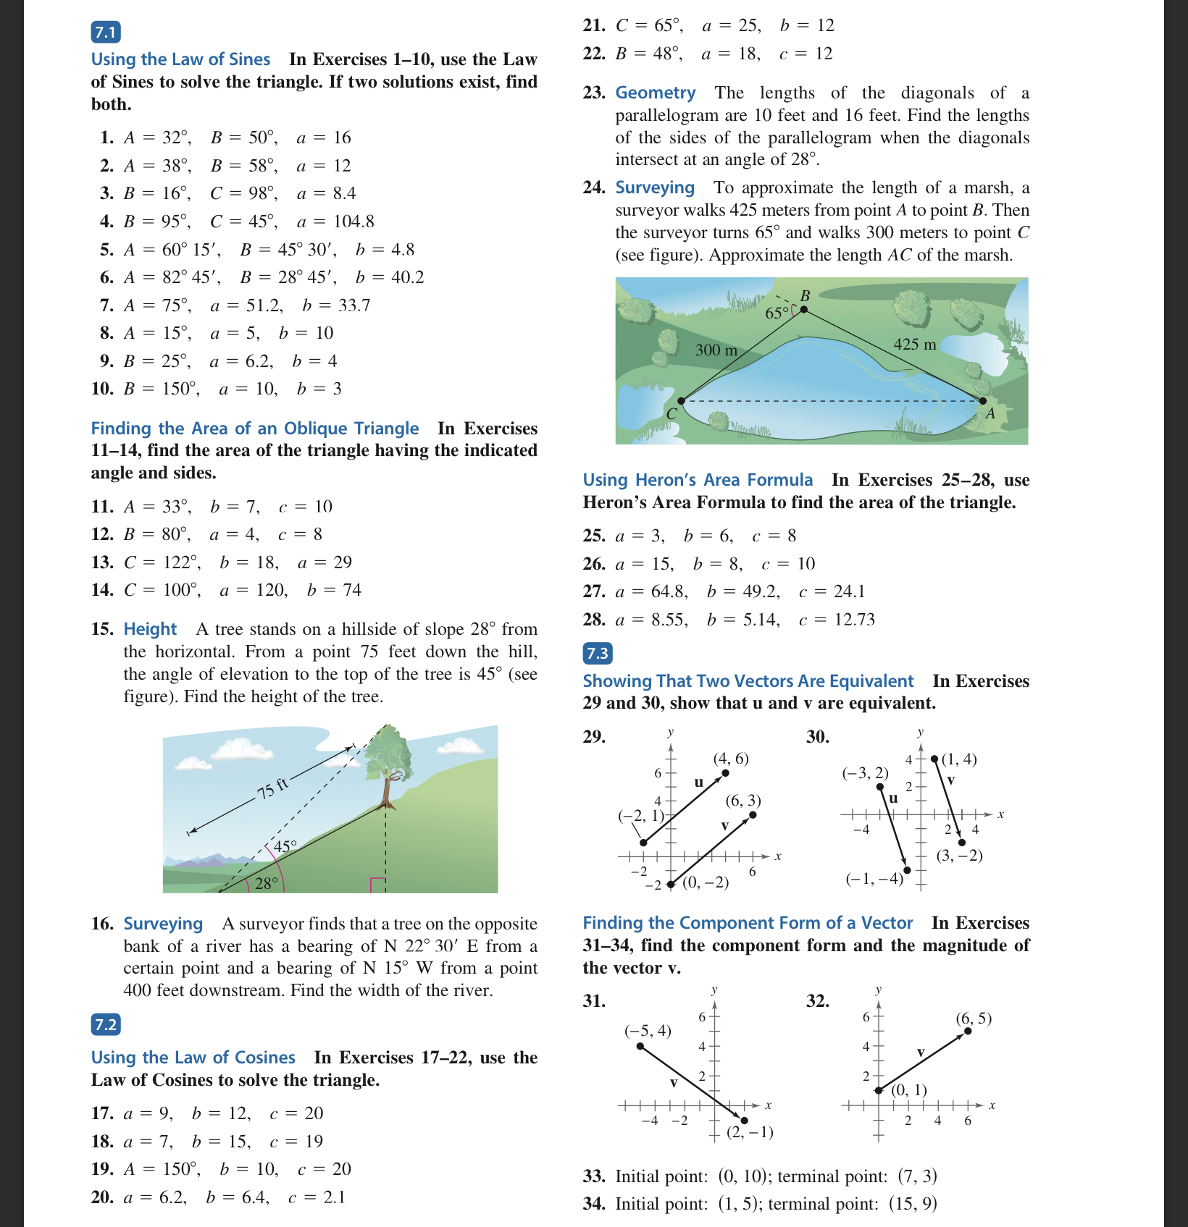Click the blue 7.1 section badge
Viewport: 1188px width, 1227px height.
click(x=106, y=32)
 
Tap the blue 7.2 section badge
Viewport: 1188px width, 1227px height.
click(x=106, y=1024)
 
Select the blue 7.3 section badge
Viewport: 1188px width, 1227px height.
click(x=598, y=653)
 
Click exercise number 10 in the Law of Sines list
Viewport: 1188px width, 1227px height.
click(x=102, y=389)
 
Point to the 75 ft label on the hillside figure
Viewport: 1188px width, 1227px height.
click(x=272, y=788)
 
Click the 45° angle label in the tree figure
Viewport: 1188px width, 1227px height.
click(x=285, y=846)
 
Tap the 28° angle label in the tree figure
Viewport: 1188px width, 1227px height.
click(x=266, y=883)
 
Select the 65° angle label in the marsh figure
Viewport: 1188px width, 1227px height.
click(x=777, y=313)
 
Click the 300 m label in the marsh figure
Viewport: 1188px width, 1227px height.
click(x=716, y=350)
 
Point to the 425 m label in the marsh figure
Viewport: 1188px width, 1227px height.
click(x=914, y=345)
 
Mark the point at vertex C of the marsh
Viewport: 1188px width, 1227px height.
click(x=681, y=400)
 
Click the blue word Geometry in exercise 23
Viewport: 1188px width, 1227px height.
click(x=655, y=93)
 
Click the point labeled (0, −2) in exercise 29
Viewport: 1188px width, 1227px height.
click(x=671, y=884)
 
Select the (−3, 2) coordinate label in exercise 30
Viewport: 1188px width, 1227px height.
click(x=865, y=773)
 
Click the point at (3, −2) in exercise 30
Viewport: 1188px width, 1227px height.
click(x=962, y=842)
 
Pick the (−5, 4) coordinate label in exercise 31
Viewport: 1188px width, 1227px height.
click(x=648, y=1030)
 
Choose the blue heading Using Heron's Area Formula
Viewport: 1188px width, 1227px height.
click(x=698, y=480)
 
